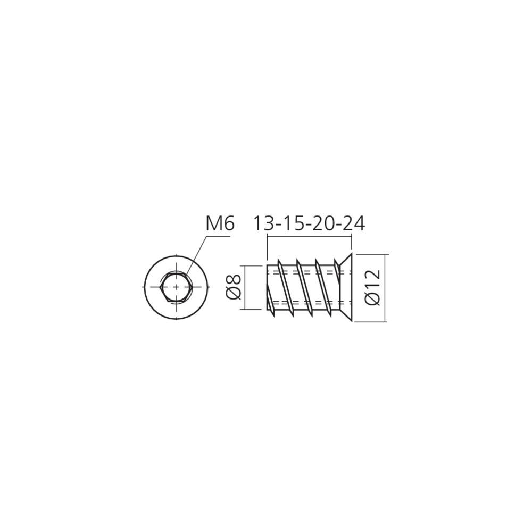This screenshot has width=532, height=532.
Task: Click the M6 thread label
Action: click(x=220, y=223)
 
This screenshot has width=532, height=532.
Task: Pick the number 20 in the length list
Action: click(x=323, y=223)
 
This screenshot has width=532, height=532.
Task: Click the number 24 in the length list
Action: click(x=354, y=223)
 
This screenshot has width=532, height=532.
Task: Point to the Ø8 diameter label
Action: click(x=234, y=287)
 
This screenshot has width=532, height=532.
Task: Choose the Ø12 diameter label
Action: click(x=372, y=288)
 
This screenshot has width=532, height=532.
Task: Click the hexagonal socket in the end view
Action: click(x=176, y=287)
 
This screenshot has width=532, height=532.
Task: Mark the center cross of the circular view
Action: click(x=176, y=287)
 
